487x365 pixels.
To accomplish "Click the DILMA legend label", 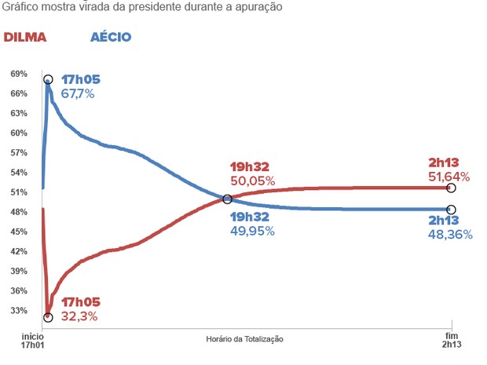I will (x=25, y=38).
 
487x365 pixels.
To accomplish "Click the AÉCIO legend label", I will (x=110, y=38).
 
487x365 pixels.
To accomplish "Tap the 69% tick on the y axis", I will (x=19, y=74).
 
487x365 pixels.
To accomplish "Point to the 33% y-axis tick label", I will (x=19, y=311).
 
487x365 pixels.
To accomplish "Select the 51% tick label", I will (x=19, y=192).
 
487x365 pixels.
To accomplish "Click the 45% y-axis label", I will (x=19, y=232).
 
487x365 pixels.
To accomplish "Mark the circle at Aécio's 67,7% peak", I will (x=48, y=80).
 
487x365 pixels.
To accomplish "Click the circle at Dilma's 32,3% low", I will (x=48, y=317).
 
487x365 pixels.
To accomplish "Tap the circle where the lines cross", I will (x=227, y=199).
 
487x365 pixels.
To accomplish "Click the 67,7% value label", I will (x=78, y=93).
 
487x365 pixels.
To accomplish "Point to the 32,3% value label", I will (x=79, y=316).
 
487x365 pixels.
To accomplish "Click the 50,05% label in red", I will (x=252, y=181).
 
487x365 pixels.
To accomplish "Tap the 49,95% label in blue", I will (x=252, y=230).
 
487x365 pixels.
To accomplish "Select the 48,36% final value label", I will (x=450, y=234).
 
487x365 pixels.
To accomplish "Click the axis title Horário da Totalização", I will (x=244, y=338).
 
